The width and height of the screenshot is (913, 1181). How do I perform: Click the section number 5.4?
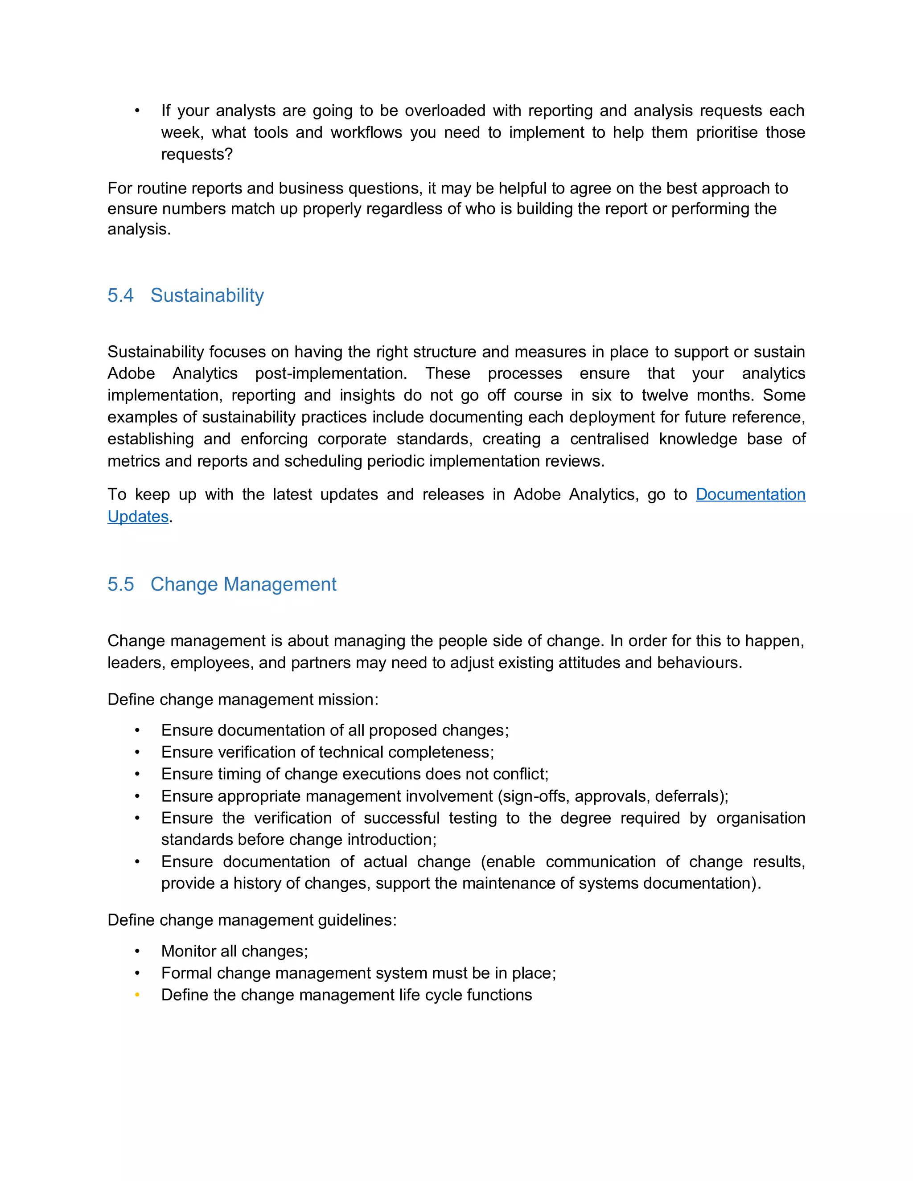pyautogui.click(x=120, y=295)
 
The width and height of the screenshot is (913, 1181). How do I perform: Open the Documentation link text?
pyautogui.click(x=750, y=494)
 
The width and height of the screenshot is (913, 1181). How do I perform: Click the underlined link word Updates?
pyautogui.click(x=138, y=517)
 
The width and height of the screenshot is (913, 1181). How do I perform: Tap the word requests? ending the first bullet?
pyautogui.click(x=197, y=154)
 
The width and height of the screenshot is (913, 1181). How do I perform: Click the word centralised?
pyautogui.click(x=609, y=439)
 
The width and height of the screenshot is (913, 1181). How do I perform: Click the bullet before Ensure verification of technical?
pyautogui.click(x=137, y=752)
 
